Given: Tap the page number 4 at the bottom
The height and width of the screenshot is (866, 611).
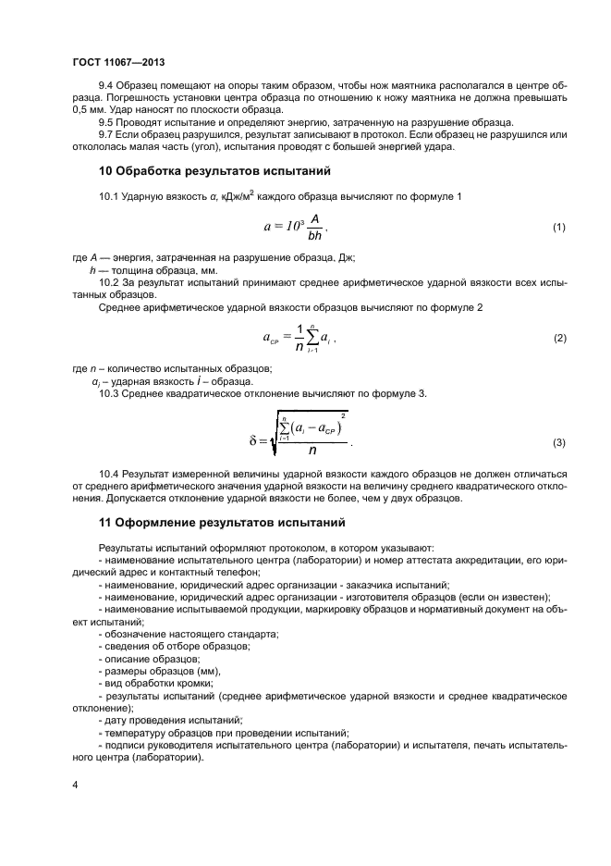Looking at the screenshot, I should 75,785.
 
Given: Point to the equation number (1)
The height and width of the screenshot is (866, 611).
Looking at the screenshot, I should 558,228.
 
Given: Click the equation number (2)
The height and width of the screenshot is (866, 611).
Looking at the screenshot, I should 558,339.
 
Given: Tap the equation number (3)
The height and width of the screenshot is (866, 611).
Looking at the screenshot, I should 558,443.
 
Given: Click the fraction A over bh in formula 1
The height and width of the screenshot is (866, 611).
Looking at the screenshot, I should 313,228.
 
